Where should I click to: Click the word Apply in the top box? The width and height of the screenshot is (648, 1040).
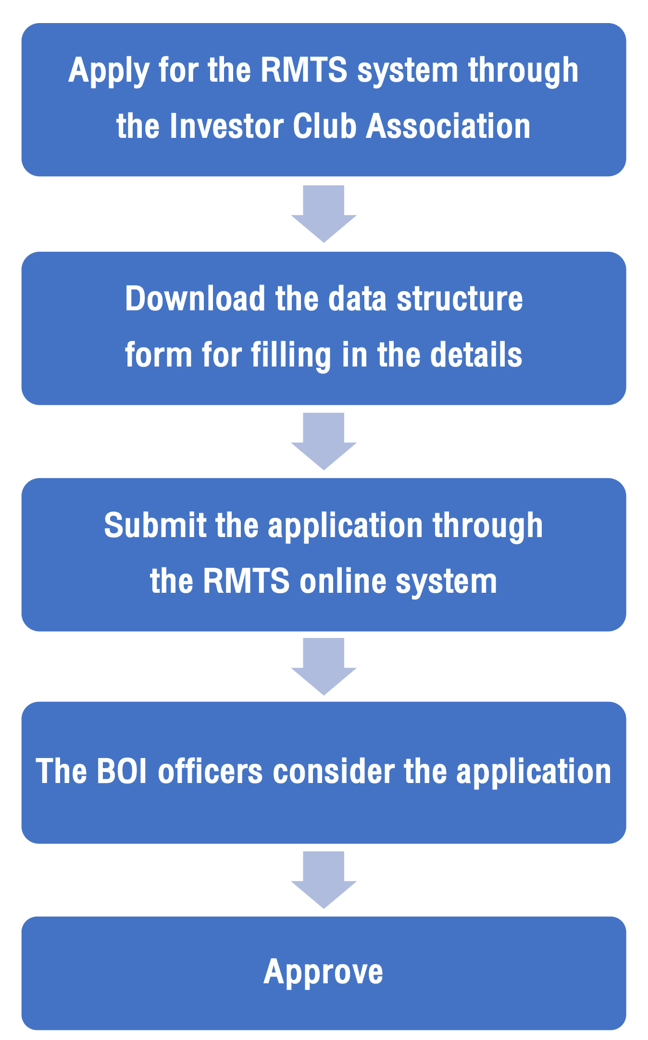coord(109,72)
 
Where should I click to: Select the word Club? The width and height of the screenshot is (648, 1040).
coord(324,126)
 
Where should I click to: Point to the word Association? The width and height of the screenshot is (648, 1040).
coord(448,126)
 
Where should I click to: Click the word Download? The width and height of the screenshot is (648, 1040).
coord(195,299)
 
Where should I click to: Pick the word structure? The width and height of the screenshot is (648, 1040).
coord(460,299)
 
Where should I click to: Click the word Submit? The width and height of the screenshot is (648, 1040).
coord(155,525)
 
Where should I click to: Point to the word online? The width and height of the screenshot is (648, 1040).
coord(343,581)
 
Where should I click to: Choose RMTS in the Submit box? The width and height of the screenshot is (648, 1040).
coord(246,581)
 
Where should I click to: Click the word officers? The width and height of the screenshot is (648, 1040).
coord(211,771)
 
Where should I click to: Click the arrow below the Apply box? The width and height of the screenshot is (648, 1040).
coord(324,214)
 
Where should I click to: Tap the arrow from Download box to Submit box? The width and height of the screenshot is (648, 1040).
coord(324,441)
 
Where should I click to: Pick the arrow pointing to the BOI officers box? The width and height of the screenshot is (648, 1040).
coord(324,667)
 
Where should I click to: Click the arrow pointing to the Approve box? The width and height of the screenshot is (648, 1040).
coord(324,880)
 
